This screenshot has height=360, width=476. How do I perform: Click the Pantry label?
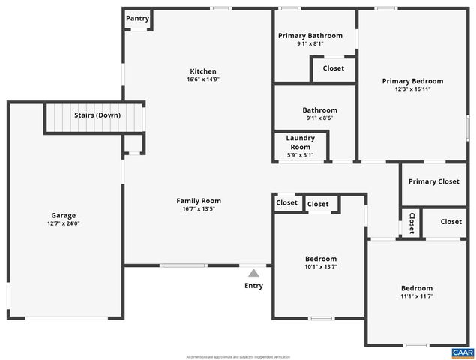tap(137, 19)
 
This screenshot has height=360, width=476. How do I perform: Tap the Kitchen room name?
tap(202, 71)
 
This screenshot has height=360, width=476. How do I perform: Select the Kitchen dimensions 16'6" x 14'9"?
tap(202, 79)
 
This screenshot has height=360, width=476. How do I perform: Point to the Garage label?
tap(63, 215)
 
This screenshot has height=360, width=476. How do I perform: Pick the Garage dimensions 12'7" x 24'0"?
tap(63, 223)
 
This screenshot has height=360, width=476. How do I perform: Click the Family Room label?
tap(199, 200)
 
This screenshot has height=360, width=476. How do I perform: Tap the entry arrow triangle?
tap(253, 273)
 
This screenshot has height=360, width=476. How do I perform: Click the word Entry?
tap(253, 286)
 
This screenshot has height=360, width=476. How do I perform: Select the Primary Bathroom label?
tap(310, 35)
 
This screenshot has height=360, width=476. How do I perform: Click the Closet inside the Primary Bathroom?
tap(333, 68)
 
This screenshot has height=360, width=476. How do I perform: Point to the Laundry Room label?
tap(300, 142)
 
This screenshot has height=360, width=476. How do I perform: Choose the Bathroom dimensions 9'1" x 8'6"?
tap(319, 118)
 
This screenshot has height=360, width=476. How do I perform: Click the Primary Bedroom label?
tap(412, 81)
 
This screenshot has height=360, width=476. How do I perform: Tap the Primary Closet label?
tap(433, 181)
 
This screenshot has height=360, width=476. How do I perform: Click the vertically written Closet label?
tap(412, 223)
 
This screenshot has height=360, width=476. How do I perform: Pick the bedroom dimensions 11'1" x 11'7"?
tap(416, 296)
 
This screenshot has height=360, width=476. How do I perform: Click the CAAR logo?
tap(462, 352)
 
